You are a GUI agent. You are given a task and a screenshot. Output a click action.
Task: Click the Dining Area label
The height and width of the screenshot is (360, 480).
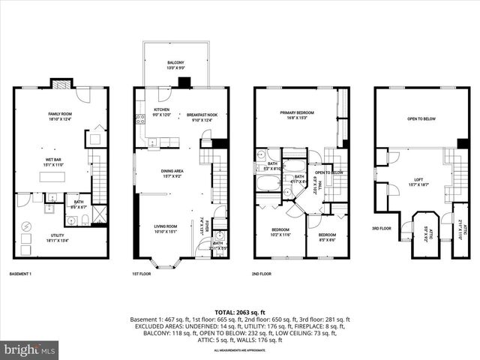pyautogui.click(x=173, y=173)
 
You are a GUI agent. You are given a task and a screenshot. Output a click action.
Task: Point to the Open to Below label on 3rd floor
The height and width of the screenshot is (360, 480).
pyautogui.click(x=422, y=118)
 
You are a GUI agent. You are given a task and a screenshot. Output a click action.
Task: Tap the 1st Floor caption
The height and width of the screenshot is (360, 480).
pyautogui.click(x=142, y=274)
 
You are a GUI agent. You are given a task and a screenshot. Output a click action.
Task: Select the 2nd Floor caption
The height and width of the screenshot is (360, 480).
pyautogui.click(x=262, y=274)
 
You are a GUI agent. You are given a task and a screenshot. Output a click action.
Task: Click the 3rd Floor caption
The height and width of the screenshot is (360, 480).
pyautogui.click(x=382, y=228)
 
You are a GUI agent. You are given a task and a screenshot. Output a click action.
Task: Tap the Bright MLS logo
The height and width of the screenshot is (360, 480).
pyautogui.click(x=30, y=349)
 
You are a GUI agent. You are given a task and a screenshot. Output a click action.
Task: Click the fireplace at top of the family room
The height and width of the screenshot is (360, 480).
pyautogui.click(x=60, y=83)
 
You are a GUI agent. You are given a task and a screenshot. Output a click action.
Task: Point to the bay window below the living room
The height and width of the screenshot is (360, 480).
pyautogui.click(x=163, y=262)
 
